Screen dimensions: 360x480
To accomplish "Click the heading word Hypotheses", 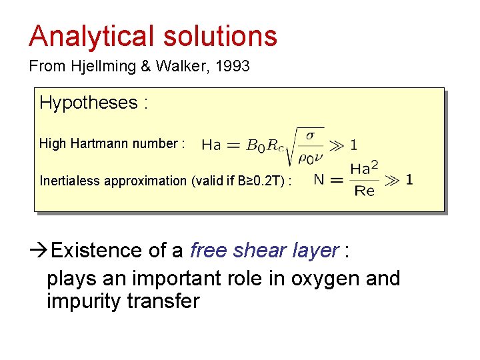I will coord(88,103).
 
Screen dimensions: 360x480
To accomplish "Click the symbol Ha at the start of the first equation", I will coord(211,145).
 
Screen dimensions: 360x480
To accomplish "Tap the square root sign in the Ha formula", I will coord(291,147).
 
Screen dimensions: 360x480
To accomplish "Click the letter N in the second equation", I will coord(319,179).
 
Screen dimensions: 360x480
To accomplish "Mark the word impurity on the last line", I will coord(87,301).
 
